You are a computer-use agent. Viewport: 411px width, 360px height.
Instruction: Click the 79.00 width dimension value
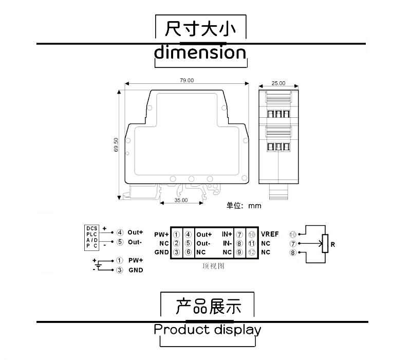point(186,81)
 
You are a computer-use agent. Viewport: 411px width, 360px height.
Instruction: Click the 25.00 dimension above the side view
point(278,83)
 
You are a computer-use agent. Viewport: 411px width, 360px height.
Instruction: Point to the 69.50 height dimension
point(117,145)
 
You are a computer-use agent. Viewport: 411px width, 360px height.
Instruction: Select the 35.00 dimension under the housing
point(181,201)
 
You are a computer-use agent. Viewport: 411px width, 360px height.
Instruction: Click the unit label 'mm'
point(255,206)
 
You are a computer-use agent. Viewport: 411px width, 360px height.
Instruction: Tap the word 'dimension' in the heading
point(200,52)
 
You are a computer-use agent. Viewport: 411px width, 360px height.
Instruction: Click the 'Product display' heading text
point(208,329)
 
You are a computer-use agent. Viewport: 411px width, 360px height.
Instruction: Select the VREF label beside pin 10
point(270,234)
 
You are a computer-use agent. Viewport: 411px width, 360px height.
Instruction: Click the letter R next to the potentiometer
point(333,245)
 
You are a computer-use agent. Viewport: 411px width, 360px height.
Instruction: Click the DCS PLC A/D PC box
point(92,237)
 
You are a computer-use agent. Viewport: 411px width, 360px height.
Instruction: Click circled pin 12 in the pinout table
point(252,252)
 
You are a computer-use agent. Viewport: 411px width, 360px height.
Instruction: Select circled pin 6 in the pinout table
point(189,252)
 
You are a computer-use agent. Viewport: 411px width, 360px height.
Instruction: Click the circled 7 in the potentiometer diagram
point(293,243)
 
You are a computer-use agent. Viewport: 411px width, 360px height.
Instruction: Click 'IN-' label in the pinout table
point(227,243)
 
